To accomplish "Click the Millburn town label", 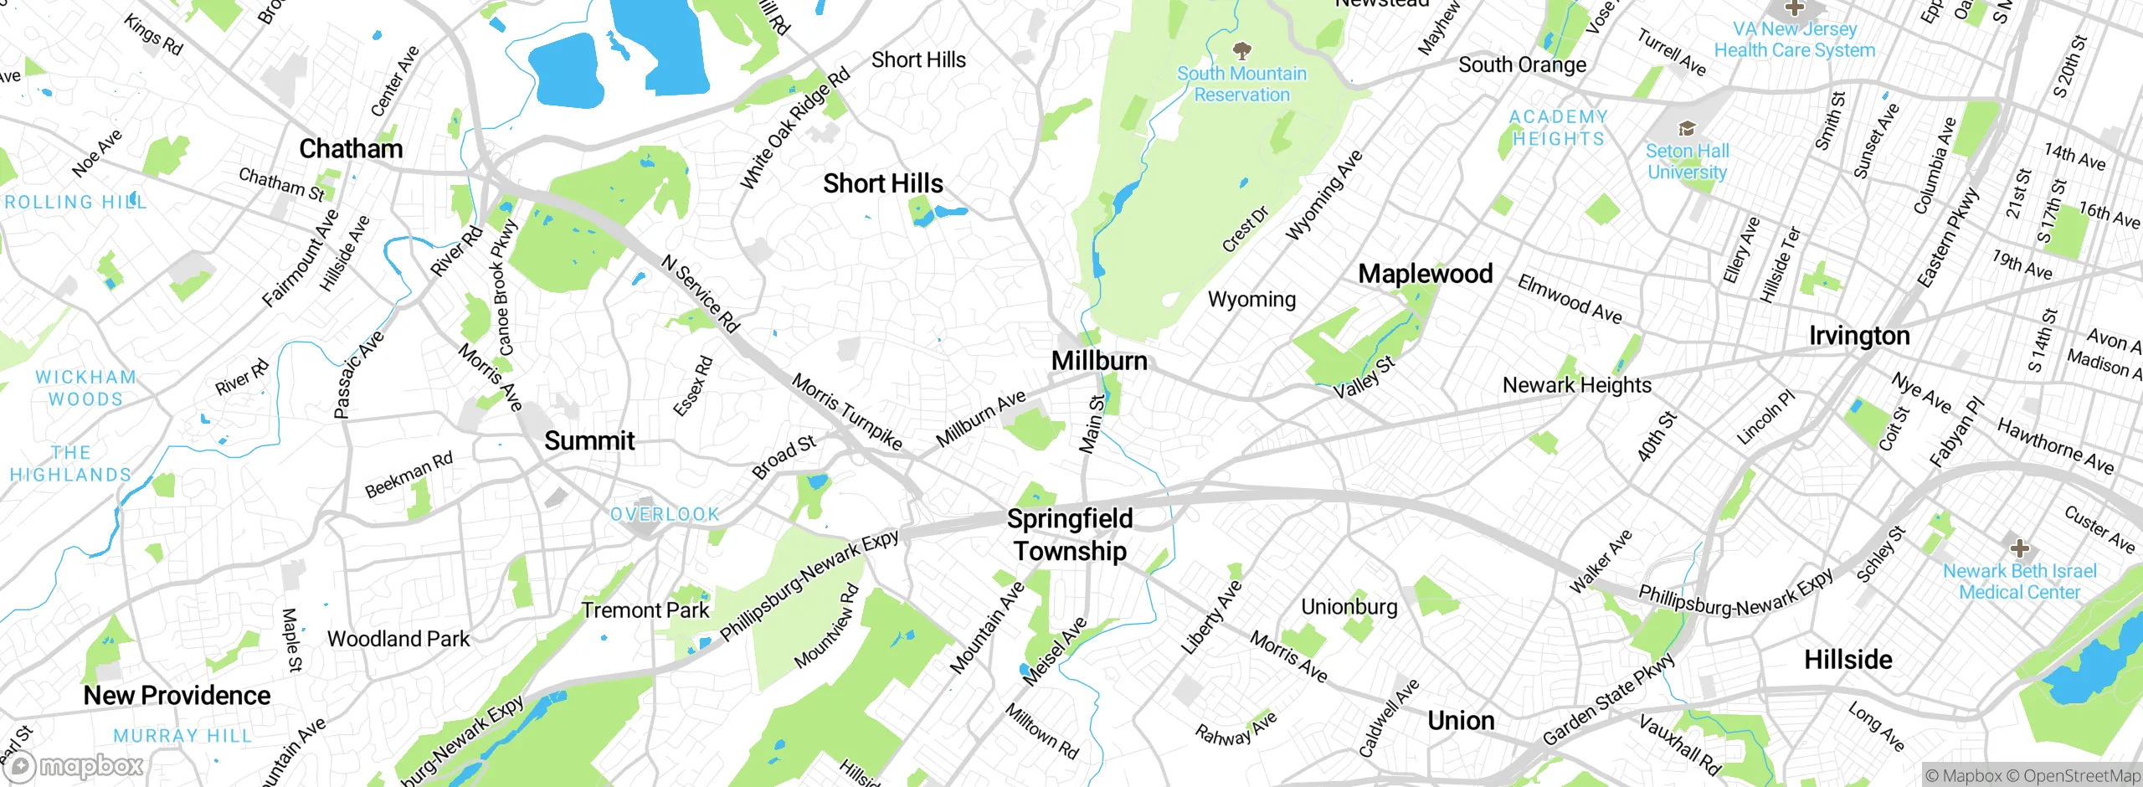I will [x=1099, y=361].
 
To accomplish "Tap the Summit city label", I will [x=589, y=441].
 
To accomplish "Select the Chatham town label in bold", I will [x=351, y=149].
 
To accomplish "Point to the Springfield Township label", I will [x=1070, y=535].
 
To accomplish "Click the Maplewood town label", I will [x=1425, y=274].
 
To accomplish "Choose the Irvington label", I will [x=1859, y=336].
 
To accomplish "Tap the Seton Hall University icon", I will [x=1686, y=129].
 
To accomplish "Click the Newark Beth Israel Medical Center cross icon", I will [x=2019, y=548].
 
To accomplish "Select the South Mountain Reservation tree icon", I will [x=1242, y=50].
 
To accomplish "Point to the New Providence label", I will [x=177, y=696].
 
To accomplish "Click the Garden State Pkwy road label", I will [x=1608, y=700].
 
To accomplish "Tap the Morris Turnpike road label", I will [x=846, y=412].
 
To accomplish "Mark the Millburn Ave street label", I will [x=980, y=419].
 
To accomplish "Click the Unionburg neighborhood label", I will [x=1349, y=607].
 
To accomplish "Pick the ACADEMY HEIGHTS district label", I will [x=1558, y=128].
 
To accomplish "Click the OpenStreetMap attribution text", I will [x=2081, y=776].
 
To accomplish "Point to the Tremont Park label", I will [x=645, y=610].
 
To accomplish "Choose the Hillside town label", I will [x=1848, y=660].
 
